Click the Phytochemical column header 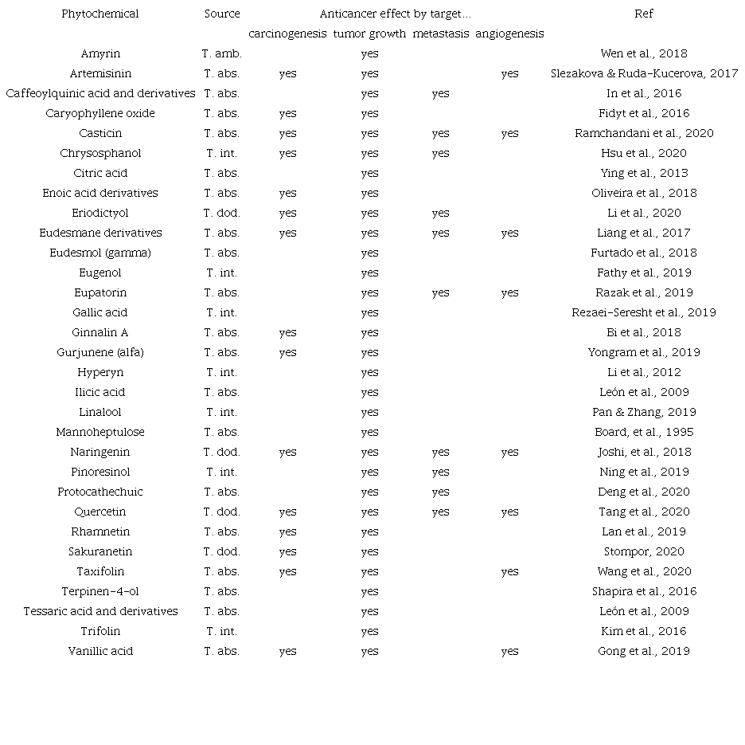100,14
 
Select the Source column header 221,14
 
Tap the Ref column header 644,14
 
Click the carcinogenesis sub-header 287,33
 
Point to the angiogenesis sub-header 509,33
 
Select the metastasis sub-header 440,33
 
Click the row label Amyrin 100,53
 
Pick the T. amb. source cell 221,53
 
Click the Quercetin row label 100,512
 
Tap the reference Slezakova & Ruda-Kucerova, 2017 644,73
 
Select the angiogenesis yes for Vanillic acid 509,651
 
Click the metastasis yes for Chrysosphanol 440,153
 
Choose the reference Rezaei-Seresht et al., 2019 644,312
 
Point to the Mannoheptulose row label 100,432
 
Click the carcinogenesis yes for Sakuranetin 287,551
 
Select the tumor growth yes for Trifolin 369,631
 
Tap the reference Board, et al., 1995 644,432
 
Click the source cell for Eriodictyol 221,213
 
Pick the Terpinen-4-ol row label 100,591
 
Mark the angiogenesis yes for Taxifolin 509,571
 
